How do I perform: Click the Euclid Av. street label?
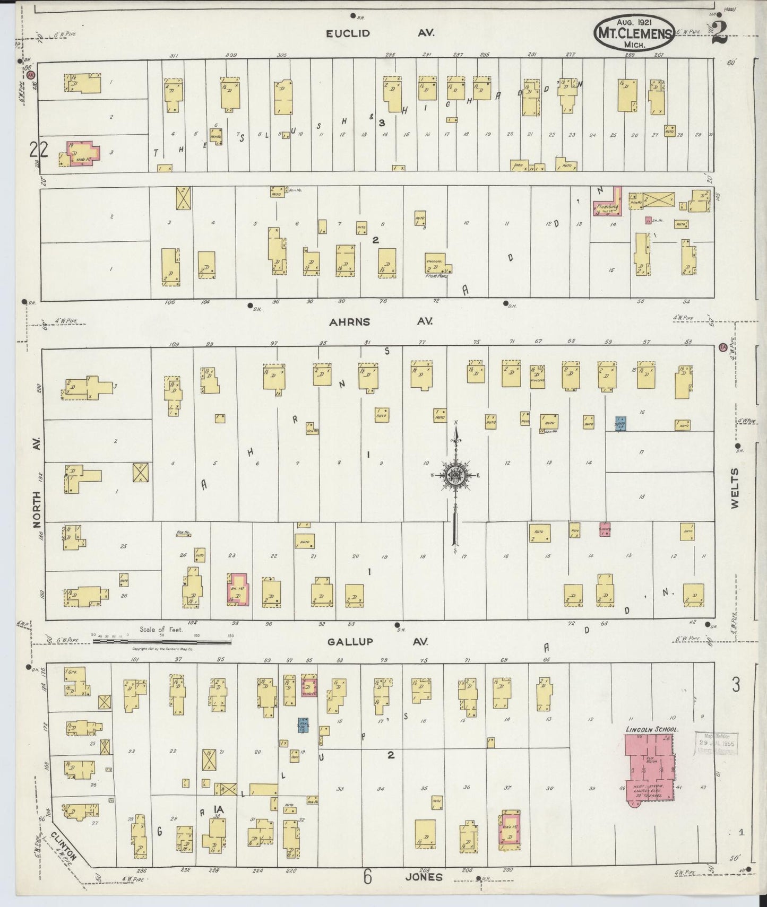pyautogui.click(x=380, y=33)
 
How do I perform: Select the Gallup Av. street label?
pyautogui.click(x=380, y=642)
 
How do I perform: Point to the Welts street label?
pyautogui.click(x=735, y=489)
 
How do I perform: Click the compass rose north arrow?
pyautogui.click(x=455, y=440)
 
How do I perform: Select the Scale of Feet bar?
pyautogui.click(x=162, y=641)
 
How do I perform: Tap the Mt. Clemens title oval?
pyautogui.click(x=634, y=32)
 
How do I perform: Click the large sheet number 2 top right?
pyautogui.click(x=720, y=33)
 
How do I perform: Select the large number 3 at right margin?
pyautogui.click(x=736, y=686)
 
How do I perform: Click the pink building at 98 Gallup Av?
pyautogui.click(x=238, y=589)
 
